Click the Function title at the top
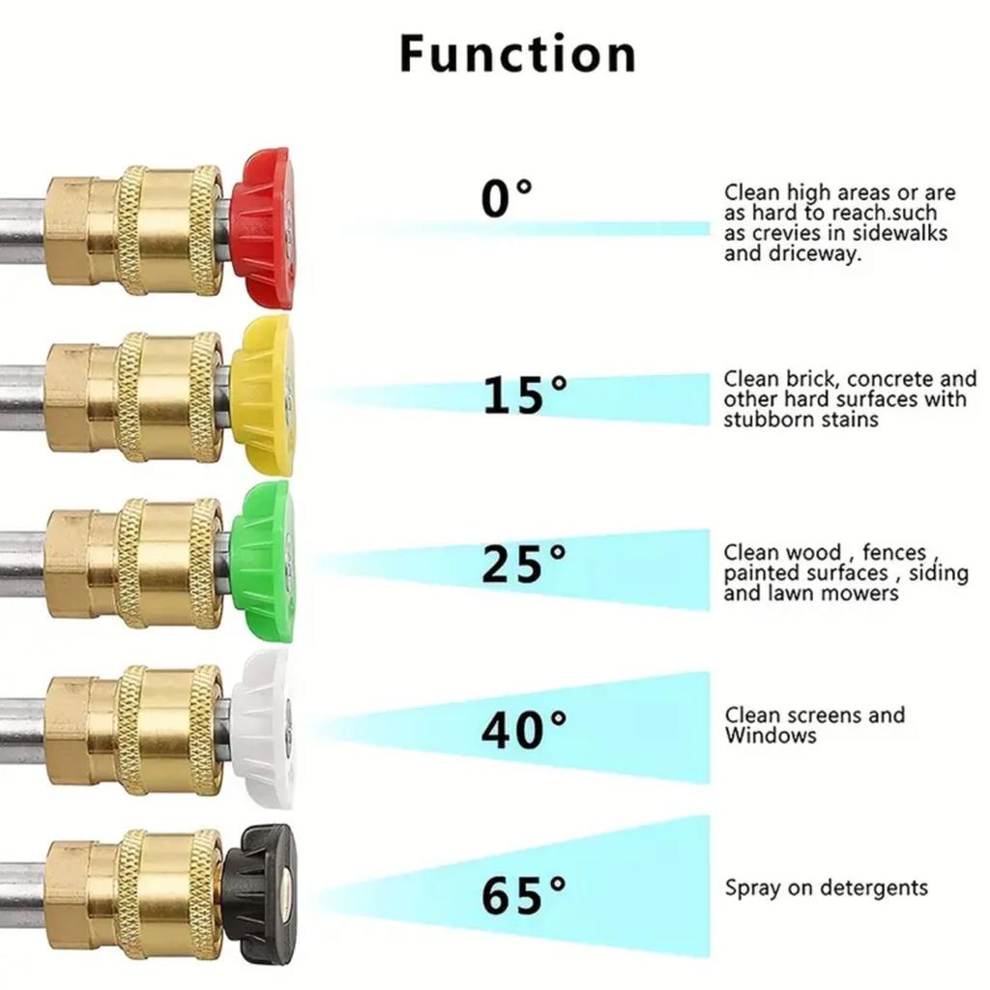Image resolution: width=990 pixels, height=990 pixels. pos(518,54)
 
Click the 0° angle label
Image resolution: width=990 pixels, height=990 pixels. pos(507,197)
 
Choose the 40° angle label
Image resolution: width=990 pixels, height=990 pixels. pos(524,729)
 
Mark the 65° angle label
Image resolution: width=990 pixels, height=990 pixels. pos(524,895)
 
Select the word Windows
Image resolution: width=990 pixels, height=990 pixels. pos(771,735)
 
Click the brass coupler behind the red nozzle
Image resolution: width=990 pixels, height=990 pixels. pos(133,229)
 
